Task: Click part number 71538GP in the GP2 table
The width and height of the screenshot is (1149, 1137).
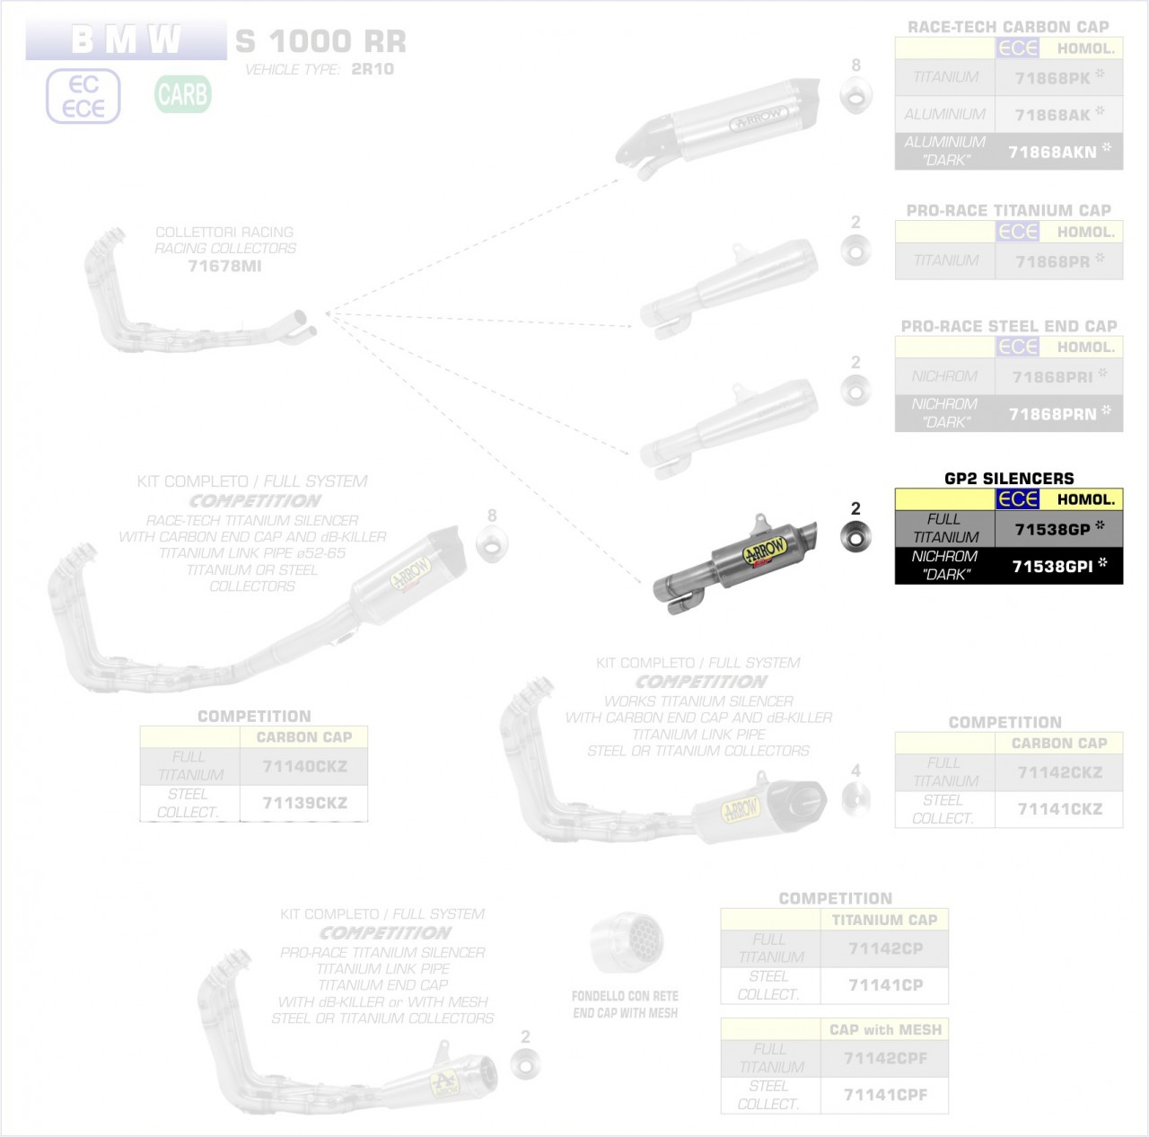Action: [1052, 529]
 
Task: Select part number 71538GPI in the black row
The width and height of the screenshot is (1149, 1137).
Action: [1052, 566]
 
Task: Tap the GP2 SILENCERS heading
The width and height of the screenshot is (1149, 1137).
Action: [1009, 478]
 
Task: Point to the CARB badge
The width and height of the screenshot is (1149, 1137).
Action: [182, 94]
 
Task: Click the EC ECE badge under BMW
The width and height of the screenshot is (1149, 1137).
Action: [83, 96]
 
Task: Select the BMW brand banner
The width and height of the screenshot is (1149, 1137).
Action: [126, 40]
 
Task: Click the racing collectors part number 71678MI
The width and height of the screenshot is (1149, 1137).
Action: [224, 266]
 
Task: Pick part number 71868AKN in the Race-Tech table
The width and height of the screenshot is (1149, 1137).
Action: [1052, 152]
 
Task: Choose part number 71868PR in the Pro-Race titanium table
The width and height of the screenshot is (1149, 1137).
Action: [1052, 261]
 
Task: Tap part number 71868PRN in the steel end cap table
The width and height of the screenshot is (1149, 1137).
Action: [1052, 414]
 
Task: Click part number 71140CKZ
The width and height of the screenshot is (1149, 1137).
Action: [304, 766]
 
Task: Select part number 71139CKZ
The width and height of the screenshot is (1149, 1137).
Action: [304, 803]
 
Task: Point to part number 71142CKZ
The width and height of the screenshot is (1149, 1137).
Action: [1059, 772]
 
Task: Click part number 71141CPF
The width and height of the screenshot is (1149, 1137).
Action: [885, 1095]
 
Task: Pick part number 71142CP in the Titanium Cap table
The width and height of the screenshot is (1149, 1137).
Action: [885, 948]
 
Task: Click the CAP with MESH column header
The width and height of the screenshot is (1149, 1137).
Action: [885, 1029]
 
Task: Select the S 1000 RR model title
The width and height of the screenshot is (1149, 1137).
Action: [320, 41]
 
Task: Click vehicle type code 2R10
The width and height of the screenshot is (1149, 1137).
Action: [373, 69]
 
